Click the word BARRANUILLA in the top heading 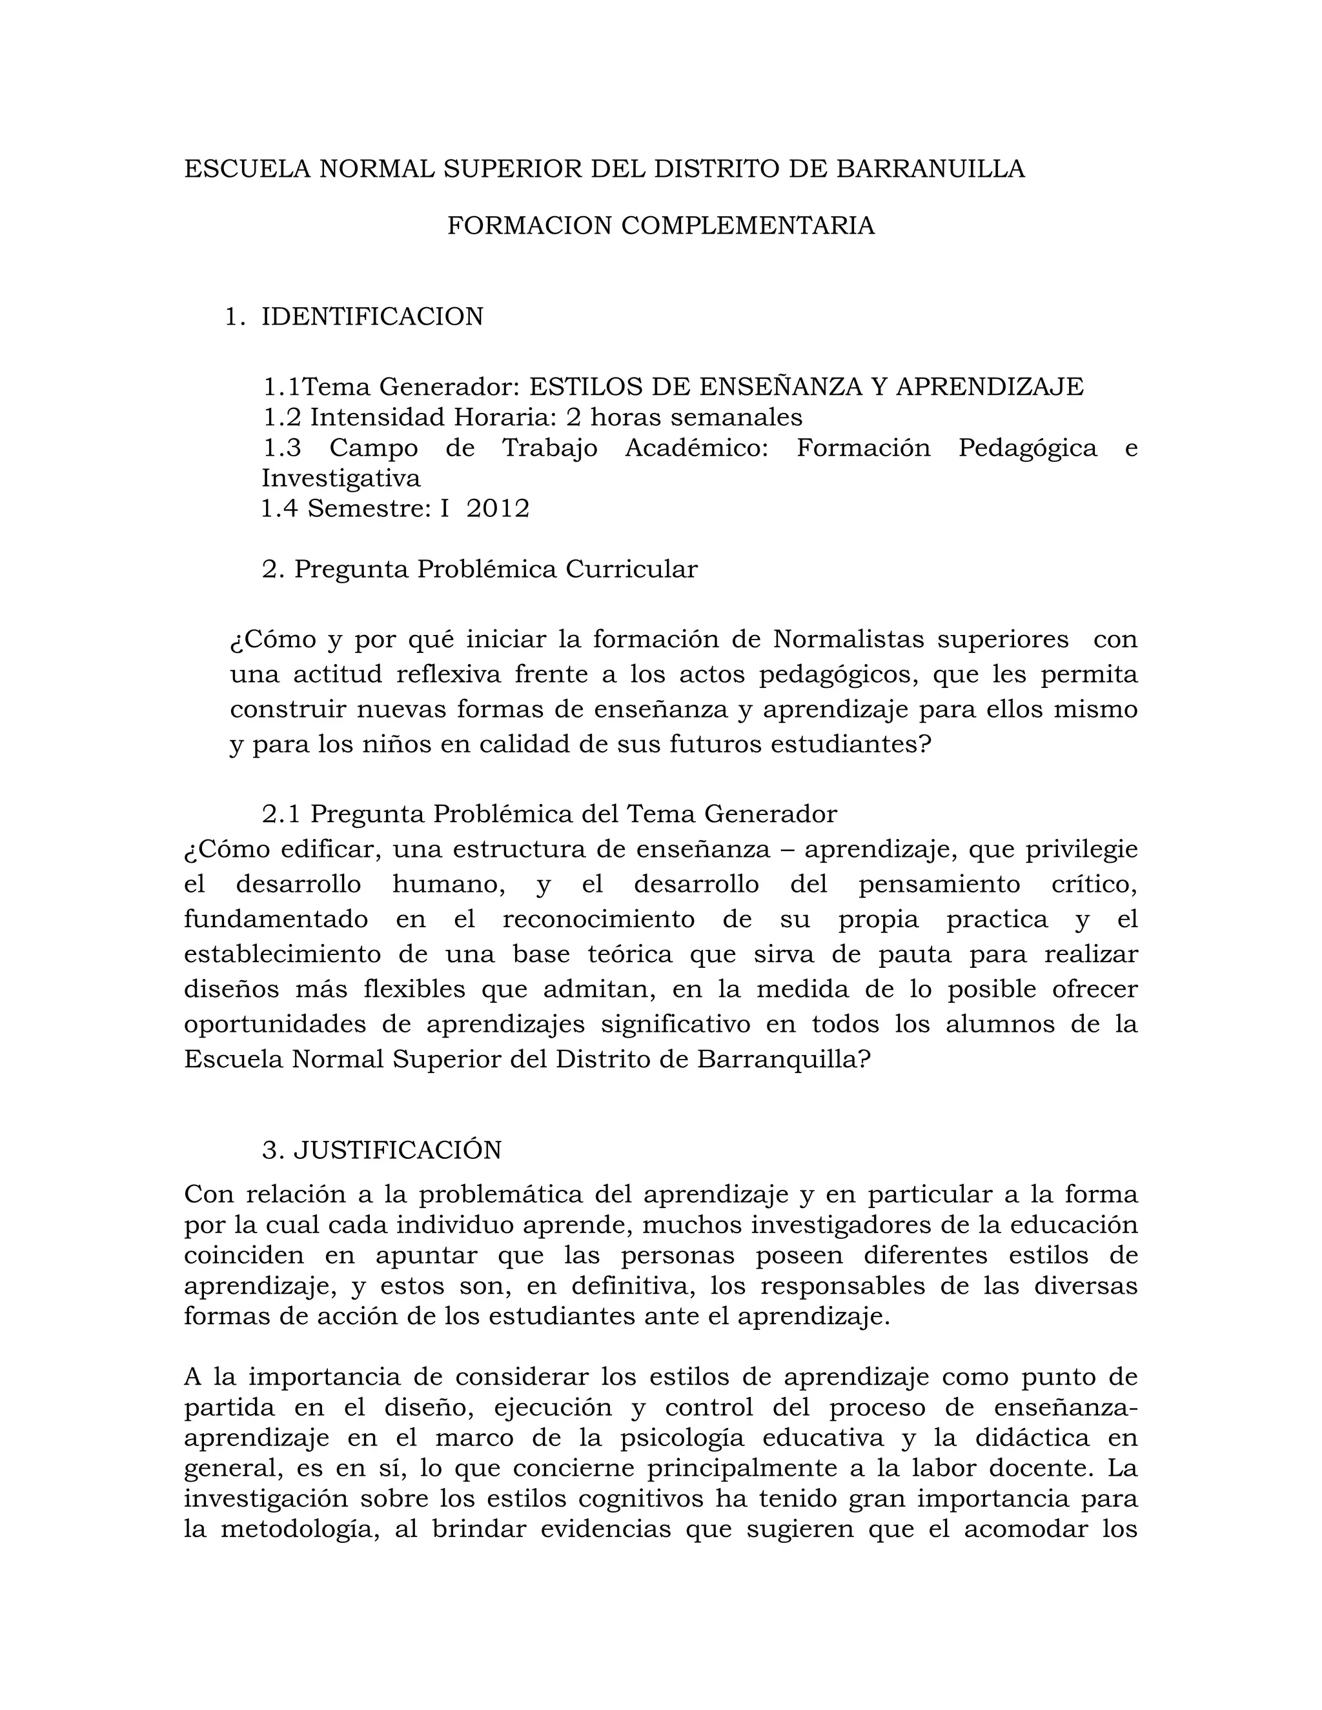coord(930,169)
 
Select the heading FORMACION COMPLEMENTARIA coord(660,225)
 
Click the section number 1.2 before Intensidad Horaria coord(282,417)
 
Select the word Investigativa coord(341,478)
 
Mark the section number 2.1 coord(281,814)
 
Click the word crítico coord(1093,885)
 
